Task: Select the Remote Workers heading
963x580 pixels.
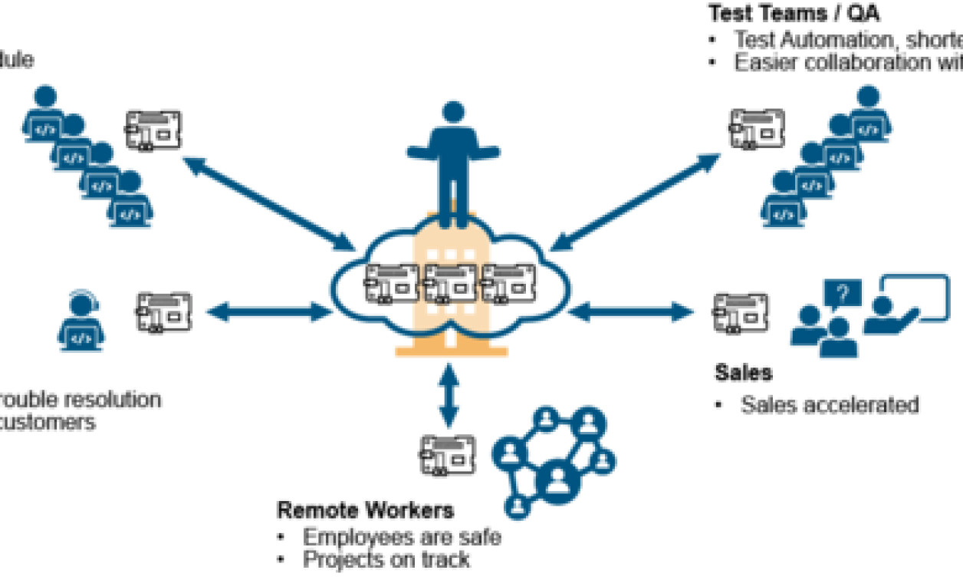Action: coord(365,510)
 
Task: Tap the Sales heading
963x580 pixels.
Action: coord(743,373)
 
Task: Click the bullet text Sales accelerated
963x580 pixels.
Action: coord(829,404)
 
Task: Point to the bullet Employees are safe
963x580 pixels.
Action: coord(401,536)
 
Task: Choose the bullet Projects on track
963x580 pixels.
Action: coord(386,560)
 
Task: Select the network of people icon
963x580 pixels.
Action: coord(554,460)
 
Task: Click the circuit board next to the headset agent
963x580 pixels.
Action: coord(163,311)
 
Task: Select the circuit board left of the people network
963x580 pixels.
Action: coord(448,455)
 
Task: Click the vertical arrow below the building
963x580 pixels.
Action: coord(449,395)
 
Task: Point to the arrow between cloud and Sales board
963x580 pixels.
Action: coord(630,311)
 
